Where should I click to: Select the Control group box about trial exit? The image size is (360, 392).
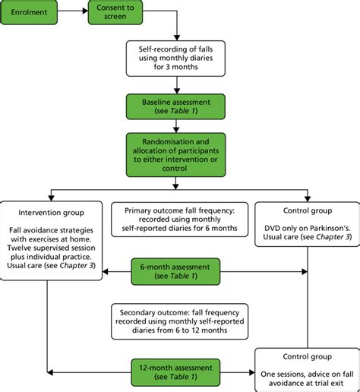coord(305,370)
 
